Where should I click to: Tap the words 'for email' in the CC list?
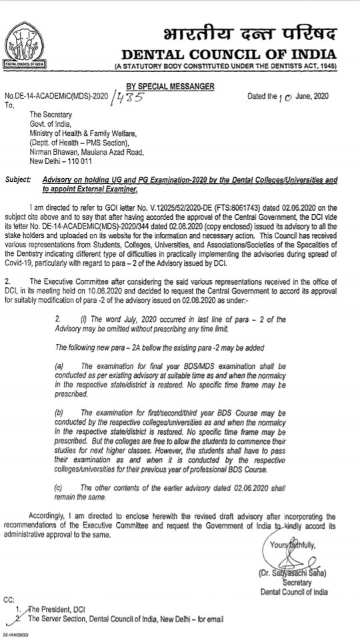209,619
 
